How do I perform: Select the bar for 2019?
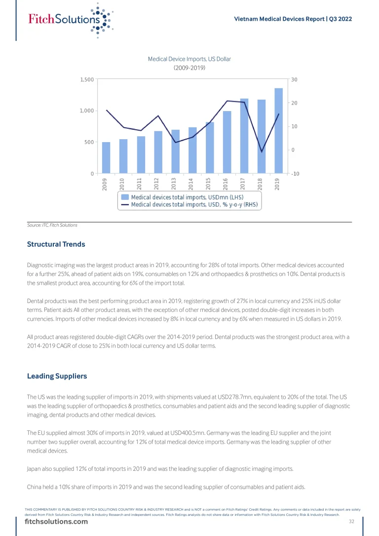tap(278, 131)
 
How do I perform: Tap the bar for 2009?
tap(106, 157)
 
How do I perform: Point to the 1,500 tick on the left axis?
tap(87, 79)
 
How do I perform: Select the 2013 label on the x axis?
tap(174, 184)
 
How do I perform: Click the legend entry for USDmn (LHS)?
tap(187, 197)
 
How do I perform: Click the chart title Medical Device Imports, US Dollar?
tap(189, 59)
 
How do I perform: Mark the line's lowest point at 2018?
tap(262, 152)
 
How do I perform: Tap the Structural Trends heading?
tap(56, 244)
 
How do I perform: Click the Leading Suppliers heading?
tap(57, 376)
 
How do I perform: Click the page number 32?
tap(352, 522)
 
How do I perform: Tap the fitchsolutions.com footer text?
tap(56, 522)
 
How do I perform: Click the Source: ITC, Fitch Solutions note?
tap(52, 225)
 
